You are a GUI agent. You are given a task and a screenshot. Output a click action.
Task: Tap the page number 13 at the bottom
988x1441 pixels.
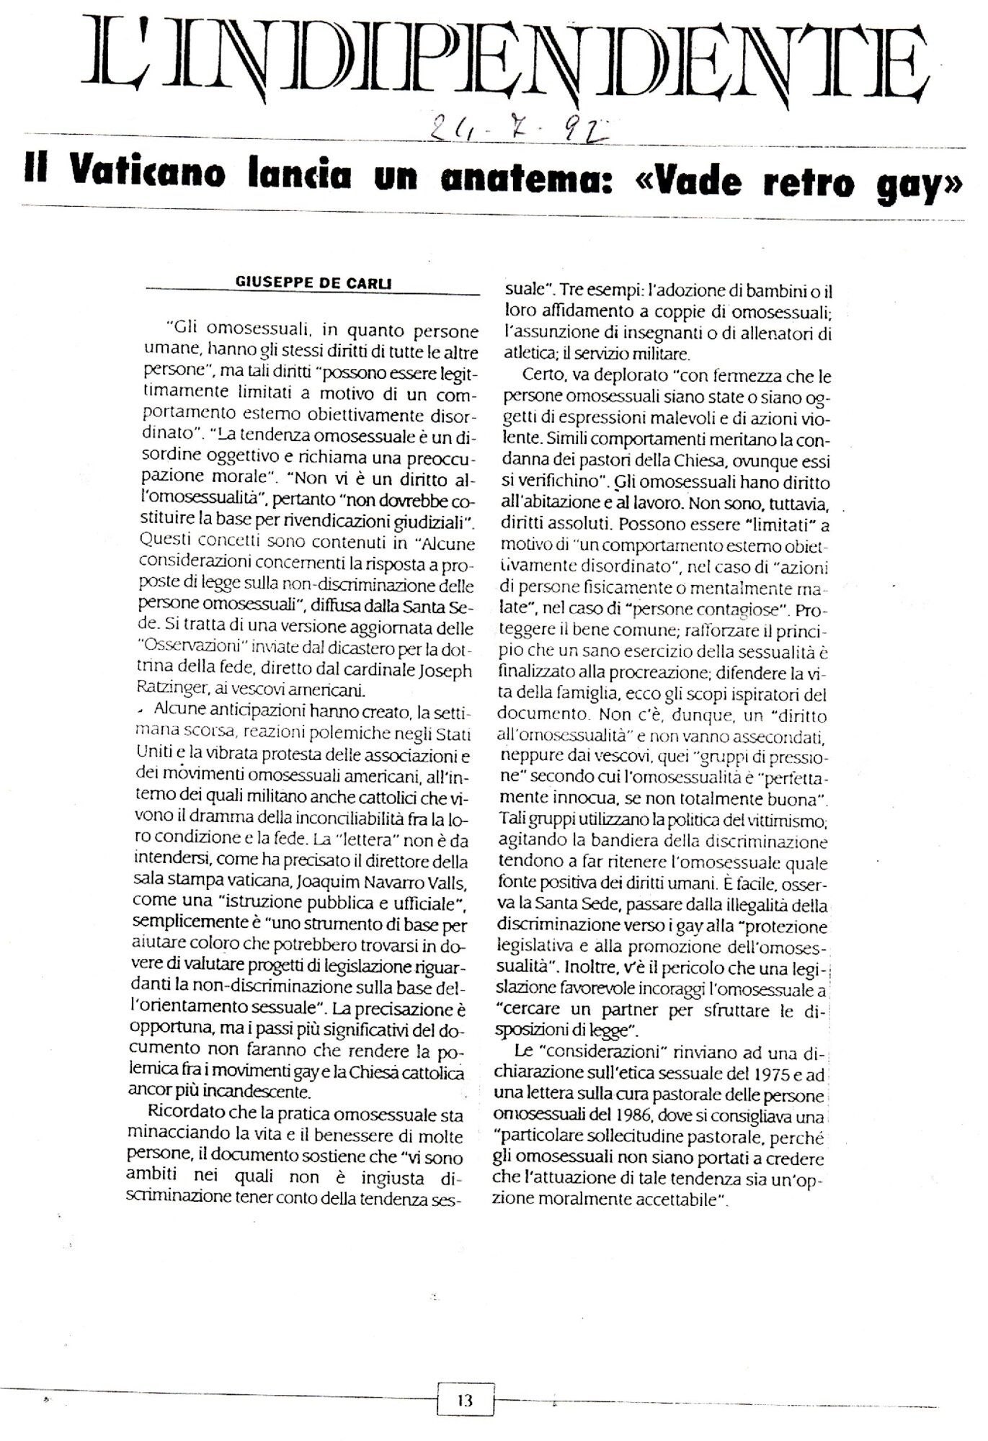[465, 1400]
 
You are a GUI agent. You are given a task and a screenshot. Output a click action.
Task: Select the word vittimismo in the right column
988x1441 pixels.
[793, 821]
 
